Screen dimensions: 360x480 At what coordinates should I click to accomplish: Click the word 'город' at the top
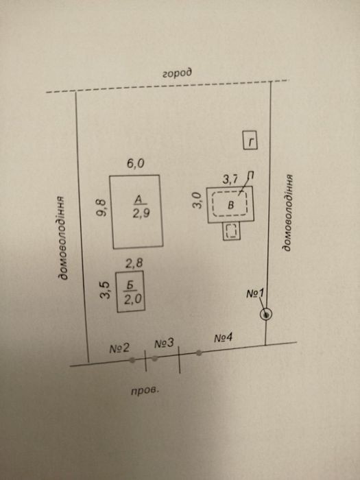[x=177, y=73]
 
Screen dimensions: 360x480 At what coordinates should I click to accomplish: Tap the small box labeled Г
[x=250, y=140]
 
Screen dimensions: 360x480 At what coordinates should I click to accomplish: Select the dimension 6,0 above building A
[x=136, y=164]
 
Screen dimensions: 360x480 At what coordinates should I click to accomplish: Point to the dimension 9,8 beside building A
[x=101, y=208]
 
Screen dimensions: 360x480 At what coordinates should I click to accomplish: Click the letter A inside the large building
[x=139, y=200]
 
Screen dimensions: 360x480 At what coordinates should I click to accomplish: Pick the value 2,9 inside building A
[x=141, y=213]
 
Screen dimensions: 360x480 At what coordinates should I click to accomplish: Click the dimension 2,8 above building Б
[x=134, y=263]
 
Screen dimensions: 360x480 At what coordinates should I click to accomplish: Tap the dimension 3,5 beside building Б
[x=105, y=290]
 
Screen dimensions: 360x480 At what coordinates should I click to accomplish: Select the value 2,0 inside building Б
[x=132, y=299]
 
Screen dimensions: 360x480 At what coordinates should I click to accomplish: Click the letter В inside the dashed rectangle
[x=231, y=205]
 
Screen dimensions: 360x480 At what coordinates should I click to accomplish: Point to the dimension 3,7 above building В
[x=230, y=180]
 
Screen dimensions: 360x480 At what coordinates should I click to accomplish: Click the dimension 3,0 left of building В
[x=197, y=200]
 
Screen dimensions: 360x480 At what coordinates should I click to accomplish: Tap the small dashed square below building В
[x=232, y=231]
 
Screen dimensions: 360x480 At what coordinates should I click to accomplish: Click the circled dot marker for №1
[x=266, y=314]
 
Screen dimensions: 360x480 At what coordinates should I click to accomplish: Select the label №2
[x=119, y=348]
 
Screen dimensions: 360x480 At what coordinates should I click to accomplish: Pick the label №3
[x=164, y=344]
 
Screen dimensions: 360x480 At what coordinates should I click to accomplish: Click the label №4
[x=223, y=338]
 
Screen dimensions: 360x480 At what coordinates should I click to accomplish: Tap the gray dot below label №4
[x=199, y=353]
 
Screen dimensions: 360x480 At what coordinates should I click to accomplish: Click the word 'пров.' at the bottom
[x=145, y=391]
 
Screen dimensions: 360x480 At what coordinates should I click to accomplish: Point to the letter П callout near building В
[x=250, y=176]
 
